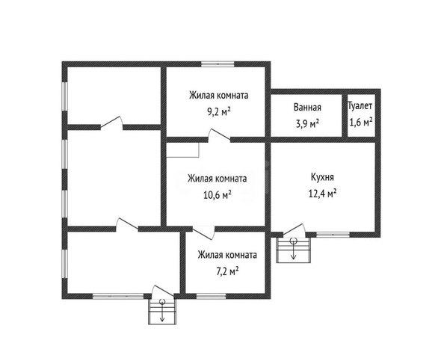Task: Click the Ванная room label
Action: pyautogui.click(x=307, y=108)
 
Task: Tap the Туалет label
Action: pyautogui.click(x=360, y=106)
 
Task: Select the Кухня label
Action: pyautogui.click(x=322, y=177)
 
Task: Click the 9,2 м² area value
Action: pyautogui.click(x=219, y=112)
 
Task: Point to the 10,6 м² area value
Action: pyautogui.click(x=218, y=195)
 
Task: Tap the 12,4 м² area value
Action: pyautogui.click(x=322, y=194)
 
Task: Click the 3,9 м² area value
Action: pyautogui.click(x=307, y=123)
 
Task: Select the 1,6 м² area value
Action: pyautogui.click(x=360, y=123)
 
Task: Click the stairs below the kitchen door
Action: pyautogui.click(x=293, y=250)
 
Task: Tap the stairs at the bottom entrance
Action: pyautogui.click(x=162, y=312)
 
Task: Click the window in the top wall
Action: pyautogui.click(x=218, y=64)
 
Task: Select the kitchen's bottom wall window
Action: pyautogui.click(x=333, y=235)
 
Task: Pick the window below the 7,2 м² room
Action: pyautogui.click(x=212, y=296)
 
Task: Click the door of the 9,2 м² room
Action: pyautogui.click(x=219, y=135)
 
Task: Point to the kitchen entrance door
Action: pyautogui.click(x=295, y=229)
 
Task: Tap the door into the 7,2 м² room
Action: pyautogui.click(x=203, y=232)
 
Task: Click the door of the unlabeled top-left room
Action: pyautogui.click(x=112, y=123)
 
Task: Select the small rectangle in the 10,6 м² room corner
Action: pyautogui.click(x=182, y=149)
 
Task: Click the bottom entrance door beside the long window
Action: pyautogui.click(x=162, y=291)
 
